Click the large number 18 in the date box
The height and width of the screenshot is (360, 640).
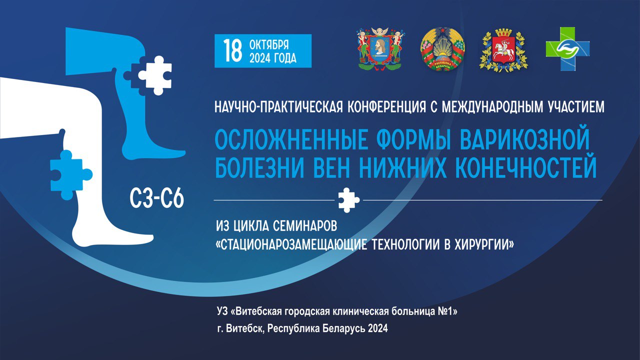pyautogui.click(x=232, y=51)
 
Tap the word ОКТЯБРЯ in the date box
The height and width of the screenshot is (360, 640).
pyautogui.click(x=269, y=45)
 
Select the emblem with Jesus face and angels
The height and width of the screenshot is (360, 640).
pyautogui.click(x=381, y=48)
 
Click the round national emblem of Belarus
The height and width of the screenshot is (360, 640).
pyautogui.click(x=442, y=49)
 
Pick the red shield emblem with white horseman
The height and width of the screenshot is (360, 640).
pyautogui.click(x=503, y=50)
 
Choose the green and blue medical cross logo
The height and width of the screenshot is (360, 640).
pyautogui.click(x=567, y=49)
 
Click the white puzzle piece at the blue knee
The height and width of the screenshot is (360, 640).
pyautogui.click(x=155, y=75)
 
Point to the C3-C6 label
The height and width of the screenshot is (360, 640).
pyautogui.click(x=156, y=198)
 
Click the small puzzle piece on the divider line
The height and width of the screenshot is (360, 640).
pyautogui.click(x=348, y=200)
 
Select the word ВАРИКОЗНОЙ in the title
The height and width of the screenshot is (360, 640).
pyautogui.click(x=525, y=140)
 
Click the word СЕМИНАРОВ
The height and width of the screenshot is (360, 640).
pyautogui.click(x=305, y=226)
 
